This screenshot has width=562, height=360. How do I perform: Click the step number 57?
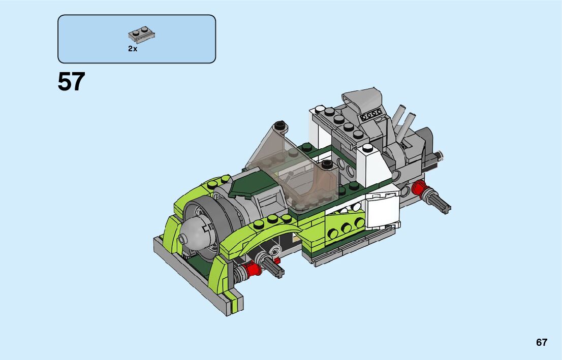[x=71, y=82]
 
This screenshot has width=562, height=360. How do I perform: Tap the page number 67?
[x=542, y=342]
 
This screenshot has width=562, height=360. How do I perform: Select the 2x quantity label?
[x=133, y=49]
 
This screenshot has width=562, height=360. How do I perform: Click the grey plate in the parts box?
[x=142, y=35]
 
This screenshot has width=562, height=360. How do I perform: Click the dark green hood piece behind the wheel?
[x=251, y=184]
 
